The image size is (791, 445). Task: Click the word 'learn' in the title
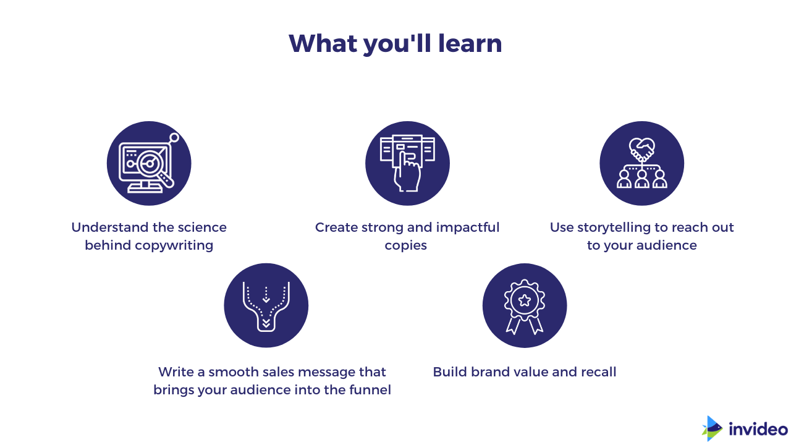click(x=470, y=43)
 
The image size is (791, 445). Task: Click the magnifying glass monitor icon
click(x=149, y=163)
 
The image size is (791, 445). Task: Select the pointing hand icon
click(x=407, y=163)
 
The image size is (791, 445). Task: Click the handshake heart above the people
click(x=641, y=149)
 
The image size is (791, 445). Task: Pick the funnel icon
click(x=266, y=306)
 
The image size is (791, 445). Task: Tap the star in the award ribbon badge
click(x=525, y=300)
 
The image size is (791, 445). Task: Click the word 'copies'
click(x=406, y=245)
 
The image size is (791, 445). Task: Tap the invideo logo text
click(x=758, y=429)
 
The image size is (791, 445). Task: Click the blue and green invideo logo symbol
click(x=711, y=428)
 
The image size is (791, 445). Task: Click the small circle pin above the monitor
click(x=174, y=138)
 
